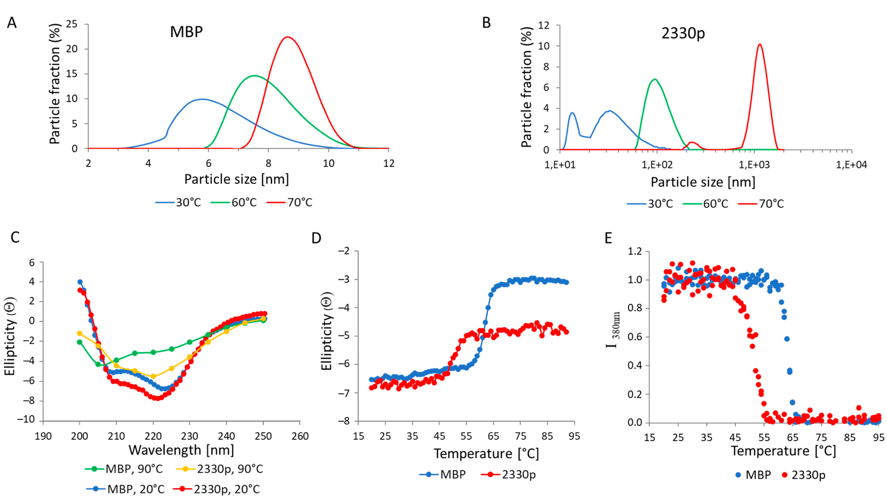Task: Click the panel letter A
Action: (12, 23)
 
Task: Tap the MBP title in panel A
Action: (186, 32)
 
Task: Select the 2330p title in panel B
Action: (683, 33)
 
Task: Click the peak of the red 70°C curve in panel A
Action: (287, 37)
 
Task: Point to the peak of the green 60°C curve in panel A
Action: (254, 75)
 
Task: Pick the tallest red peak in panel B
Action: (760, 44)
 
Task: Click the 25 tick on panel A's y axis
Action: (72, 24)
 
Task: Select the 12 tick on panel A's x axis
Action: (389, 163)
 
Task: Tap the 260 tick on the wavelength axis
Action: (300, 436)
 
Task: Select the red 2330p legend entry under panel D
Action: (509, 474)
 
